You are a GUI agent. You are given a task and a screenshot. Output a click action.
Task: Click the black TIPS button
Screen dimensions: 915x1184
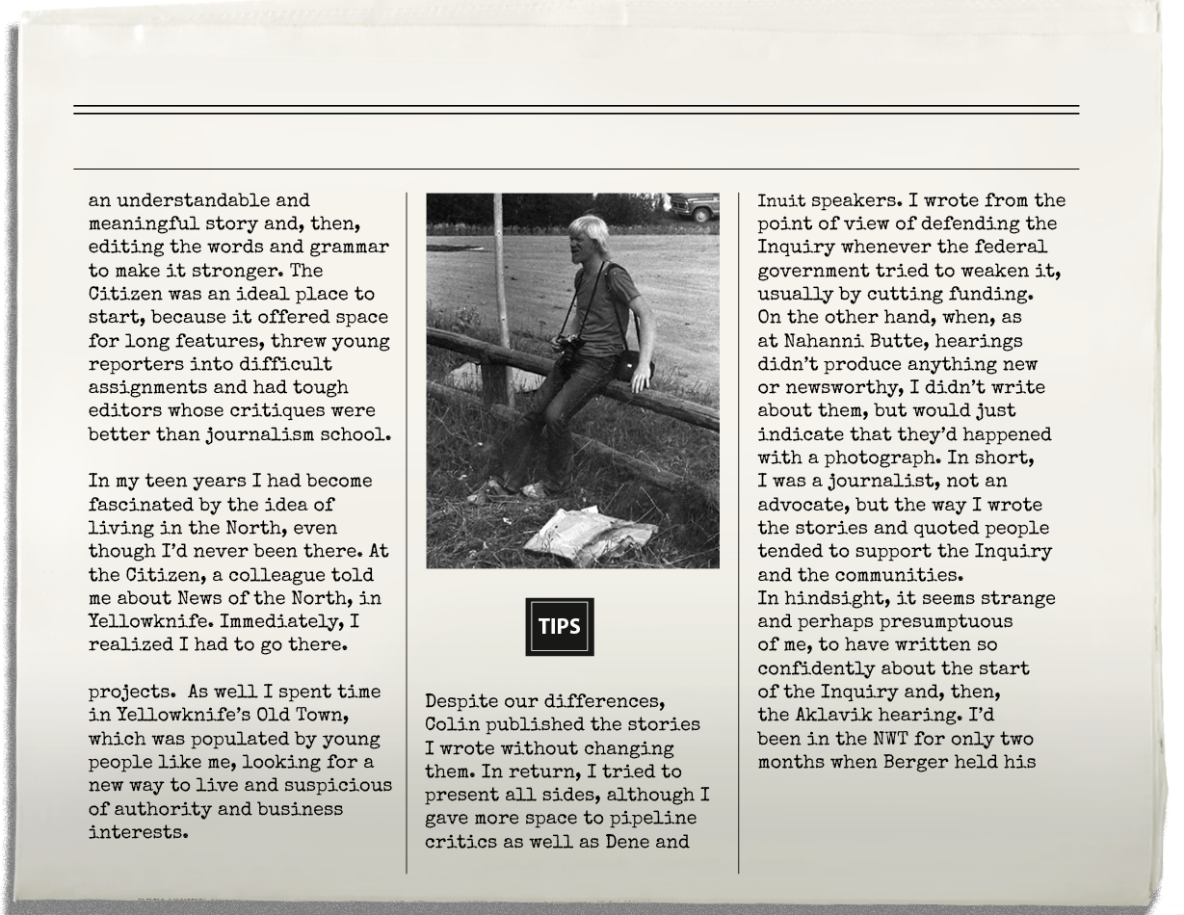tap(559, 627)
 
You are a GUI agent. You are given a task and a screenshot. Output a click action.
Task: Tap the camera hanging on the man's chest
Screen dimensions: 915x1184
tap(568, 346)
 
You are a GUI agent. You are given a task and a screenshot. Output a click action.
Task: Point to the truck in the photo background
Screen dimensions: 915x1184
tap(694, 205)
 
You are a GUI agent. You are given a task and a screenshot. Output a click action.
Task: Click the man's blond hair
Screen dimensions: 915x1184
tap(587, 231)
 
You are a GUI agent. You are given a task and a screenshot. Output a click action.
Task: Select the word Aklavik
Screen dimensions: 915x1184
tap(825, 715)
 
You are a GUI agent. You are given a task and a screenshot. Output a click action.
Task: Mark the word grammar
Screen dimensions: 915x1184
tap(352, 248)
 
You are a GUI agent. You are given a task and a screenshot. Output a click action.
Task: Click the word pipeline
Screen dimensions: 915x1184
tap(654, 819)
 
